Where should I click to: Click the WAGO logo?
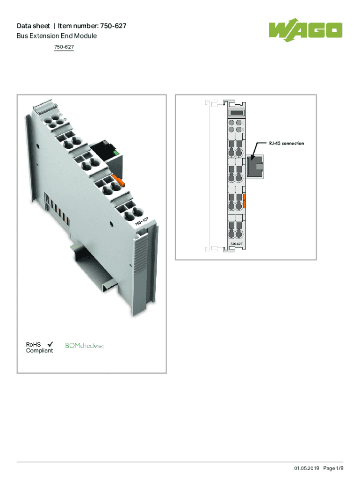(305, 30)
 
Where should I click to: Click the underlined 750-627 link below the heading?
(64, 47)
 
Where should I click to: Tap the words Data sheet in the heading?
(33, 26)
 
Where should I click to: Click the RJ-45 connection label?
(287, 143)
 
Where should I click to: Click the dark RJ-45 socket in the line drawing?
(255, 166)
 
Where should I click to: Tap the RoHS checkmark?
(50, 344)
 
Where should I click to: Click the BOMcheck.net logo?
(85, 346)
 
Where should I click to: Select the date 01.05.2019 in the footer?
(307, 468)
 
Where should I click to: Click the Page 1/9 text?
(333, 468)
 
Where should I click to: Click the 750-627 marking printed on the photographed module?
(142, 221)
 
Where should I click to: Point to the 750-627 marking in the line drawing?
(236, 244)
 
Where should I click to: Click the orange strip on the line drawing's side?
(244, 201)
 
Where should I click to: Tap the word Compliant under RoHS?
(39, 351)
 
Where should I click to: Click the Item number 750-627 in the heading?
(92, 26)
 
